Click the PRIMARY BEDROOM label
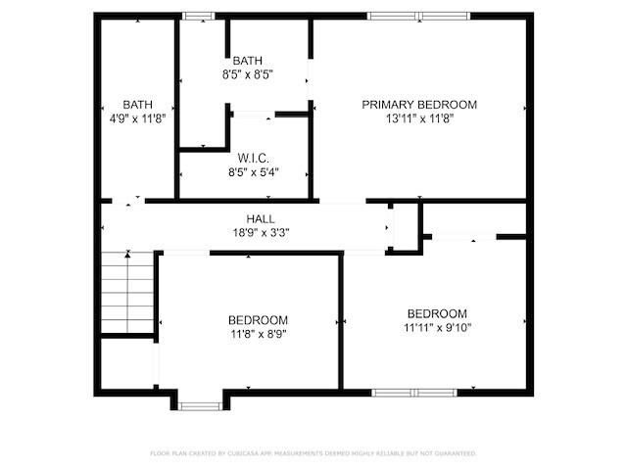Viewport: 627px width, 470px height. [419, 105]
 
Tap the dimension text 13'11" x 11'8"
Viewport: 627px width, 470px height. [419, 119]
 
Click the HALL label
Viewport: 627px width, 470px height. [260, 219]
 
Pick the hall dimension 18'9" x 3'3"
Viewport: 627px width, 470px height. [260, 234]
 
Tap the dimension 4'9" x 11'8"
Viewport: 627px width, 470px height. [137, 119]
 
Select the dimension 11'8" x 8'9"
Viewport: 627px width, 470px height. [258, 334]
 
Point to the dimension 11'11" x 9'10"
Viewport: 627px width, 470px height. [437, 328]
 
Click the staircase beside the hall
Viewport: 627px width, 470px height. [129, 292]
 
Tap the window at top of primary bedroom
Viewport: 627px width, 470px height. [418, 16]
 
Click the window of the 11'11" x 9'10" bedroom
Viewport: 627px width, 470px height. [414, 393]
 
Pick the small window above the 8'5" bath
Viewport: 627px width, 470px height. [200, 16]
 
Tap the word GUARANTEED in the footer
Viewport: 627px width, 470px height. [454, 453]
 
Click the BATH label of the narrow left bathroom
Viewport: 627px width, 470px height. [137, 105]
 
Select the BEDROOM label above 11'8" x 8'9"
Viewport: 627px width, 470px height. [258, 320]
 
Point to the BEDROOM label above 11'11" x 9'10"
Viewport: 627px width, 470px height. [437, 313]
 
